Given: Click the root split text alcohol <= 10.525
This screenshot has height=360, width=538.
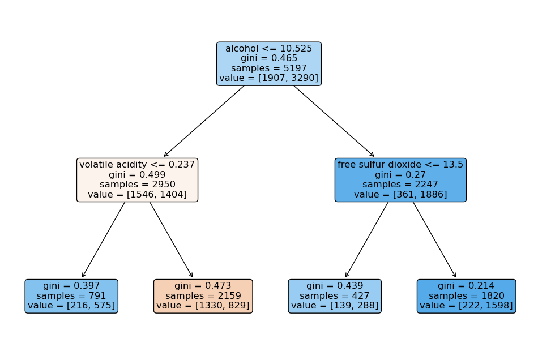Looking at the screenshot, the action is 268,49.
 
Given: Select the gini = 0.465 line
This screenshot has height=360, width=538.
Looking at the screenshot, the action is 268,58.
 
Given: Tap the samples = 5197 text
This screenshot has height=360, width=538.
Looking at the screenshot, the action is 268,68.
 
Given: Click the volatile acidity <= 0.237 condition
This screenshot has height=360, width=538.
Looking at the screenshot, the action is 137,165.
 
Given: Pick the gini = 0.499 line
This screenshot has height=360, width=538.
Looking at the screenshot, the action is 137,174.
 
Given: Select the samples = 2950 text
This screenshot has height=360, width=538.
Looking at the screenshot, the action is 137,184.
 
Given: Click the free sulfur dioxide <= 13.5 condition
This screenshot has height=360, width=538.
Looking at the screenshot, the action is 400,165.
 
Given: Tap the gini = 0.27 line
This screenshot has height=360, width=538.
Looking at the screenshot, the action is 400,174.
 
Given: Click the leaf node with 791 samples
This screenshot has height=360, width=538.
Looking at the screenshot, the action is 71,296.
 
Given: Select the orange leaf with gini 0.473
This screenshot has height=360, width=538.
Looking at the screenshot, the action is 203,296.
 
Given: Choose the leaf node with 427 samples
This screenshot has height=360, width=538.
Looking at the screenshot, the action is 335,296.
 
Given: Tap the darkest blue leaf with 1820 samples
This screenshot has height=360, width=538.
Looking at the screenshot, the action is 466,296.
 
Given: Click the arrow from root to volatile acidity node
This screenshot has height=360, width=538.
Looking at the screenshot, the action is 204,121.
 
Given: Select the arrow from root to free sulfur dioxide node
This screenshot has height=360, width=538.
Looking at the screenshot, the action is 334,121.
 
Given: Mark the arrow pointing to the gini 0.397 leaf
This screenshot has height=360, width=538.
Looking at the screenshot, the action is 104,239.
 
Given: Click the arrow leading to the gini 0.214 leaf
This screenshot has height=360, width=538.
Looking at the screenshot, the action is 434,239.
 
